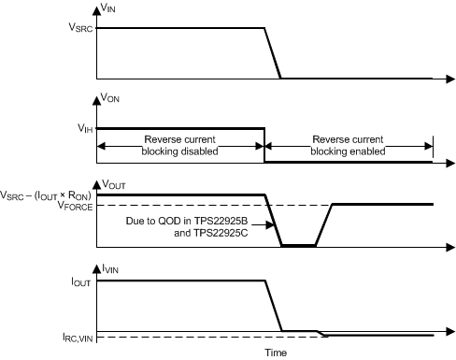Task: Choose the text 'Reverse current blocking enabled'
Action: [349, 144]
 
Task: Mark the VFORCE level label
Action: [75, 204]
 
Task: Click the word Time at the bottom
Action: [275, 353]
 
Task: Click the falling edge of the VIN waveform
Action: [274, 53]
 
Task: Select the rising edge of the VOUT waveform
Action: [324, 224]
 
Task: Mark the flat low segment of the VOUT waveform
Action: [299, 246]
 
